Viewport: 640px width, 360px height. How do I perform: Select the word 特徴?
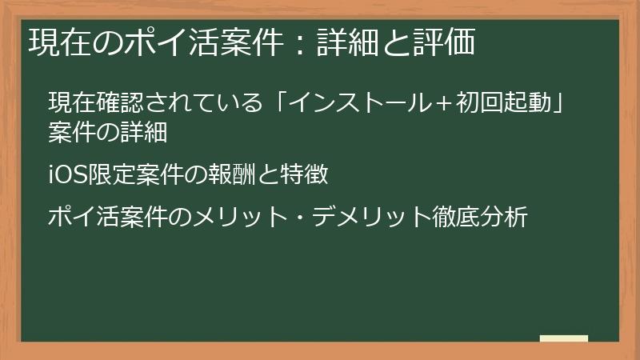310,174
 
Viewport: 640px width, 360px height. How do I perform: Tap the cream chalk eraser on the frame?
563,338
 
